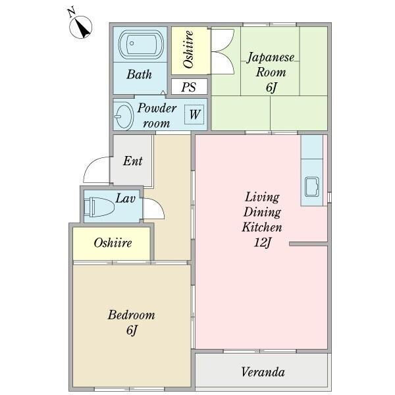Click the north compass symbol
80,27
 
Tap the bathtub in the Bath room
141,44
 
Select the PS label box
189,86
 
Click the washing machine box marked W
194,115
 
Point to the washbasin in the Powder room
124,116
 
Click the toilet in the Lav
99,207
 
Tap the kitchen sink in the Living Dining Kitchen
312,187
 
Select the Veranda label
263,372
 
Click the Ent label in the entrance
133,161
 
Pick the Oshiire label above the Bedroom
113,243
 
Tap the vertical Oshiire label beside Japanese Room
189,49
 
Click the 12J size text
262,243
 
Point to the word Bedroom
131,315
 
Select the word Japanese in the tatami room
271,58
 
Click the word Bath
140,74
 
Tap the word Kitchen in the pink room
262,227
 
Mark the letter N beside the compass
72,12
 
